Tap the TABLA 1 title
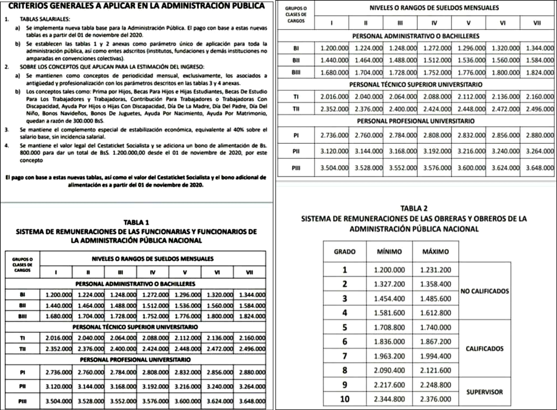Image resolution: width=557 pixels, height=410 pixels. pos(136,222)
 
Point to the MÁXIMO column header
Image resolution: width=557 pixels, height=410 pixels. pos(436,252)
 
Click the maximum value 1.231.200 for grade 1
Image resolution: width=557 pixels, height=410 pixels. pos(436,269)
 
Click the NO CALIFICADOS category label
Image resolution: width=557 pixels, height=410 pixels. pos(485,291)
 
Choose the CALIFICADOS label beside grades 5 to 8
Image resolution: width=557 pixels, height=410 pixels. pos(484,349)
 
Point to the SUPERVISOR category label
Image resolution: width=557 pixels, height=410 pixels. pos(484,392)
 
